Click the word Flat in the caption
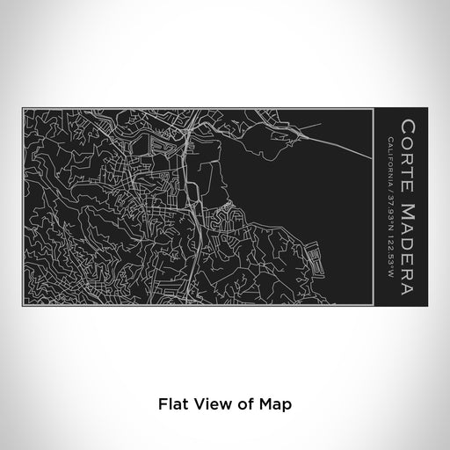173,404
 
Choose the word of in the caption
247,404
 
